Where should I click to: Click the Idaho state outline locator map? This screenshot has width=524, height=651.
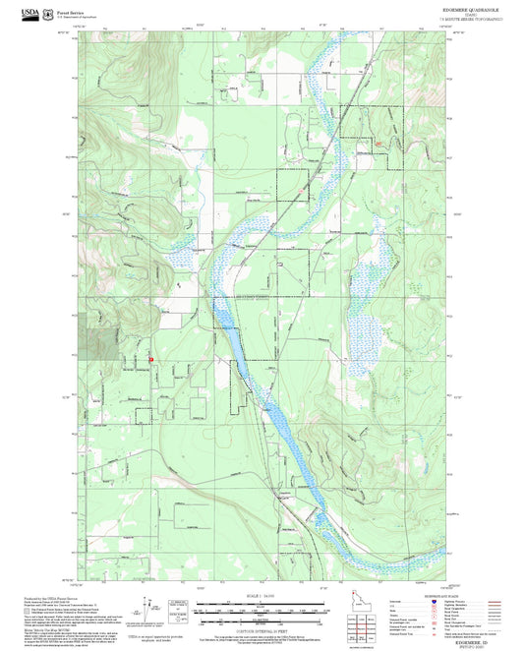coord(361,601)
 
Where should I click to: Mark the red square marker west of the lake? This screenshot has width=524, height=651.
coord(150,360)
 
